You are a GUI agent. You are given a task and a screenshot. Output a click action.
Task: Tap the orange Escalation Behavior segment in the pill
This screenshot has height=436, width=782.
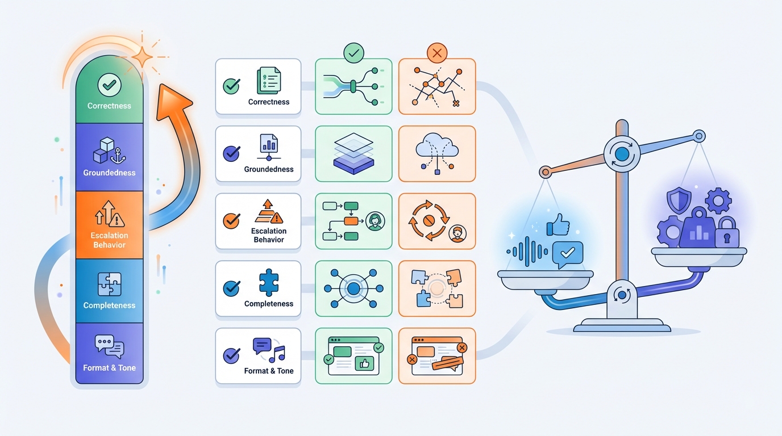click(x=109, y=225)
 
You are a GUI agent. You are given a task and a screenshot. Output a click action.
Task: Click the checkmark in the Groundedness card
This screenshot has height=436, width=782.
click(x=231, y=153)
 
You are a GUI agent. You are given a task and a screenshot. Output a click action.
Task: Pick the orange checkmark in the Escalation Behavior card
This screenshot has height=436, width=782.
click(x=231, y=220)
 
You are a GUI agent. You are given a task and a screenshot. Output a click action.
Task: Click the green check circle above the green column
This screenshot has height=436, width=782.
click(x=353, y=54)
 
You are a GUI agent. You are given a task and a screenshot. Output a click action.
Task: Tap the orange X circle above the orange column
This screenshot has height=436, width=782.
click(x=436, y=54)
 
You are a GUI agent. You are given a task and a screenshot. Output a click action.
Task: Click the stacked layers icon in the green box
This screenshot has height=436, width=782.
click(x=353, y=153)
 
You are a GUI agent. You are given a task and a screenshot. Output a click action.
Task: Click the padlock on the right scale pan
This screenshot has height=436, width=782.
click(x=726, y=231)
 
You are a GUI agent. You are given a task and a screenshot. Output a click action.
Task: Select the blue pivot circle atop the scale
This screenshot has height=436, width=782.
click(x=622, y=153)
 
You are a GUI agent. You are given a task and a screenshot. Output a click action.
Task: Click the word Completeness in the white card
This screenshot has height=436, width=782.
click(x=269, y=304)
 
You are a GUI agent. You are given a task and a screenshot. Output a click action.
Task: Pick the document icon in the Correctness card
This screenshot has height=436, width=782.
click(x=269, y=81)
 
